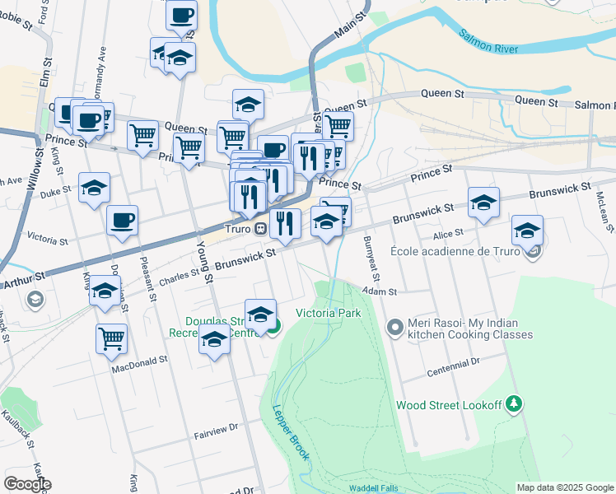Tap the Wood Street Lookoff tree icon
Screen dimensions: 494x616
pyautogui.click(x=514, y=403)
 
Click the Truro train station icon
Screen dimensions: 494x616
pyautogui.click(x=259, y=228)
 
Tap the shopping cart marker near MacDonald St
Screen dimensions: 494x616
pyautogui.click(x=110, y=337)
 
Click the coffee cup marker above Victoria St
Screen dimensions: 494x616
pyautogui.click(x=122, y=220)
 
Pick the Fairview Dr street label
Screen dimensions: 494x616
pyautogui.click(x=215, y=426)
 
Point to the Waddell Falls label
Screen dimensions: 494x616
pyautogui.click(x=372, y=488)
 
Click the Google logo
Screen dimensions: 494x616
pyautogui.click(x=26, y=483)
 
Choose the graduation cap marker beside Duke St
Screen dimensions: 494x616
pyautogui.click(x=94, y=188)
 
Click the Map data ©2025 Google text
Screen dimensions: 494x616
pyautogui.click(x=564, y=487)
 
